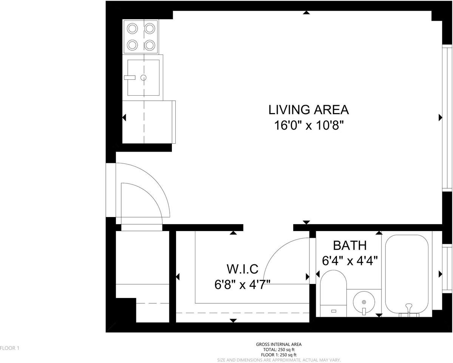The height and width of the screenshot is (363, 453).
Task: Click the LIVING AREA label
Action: tap(308, 110)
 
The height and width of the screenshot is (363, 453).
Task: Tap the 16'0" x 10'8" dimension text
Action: tap(308, 125)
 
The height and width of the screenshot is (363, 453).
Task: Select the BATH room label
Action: tap(349, 245)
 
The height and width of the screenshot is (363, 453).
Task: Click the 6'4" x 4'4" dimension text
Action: tap(349, 261)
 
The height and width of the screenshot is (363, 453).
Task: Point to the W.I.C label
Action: tap(242, 269)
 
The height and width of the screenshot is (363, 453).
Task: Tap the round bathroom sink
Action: tap(364, 302)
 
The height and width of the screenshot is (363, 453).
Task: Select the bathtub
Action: tap(407, 272)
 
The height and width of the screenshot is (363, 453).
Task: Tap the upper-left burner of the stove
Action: tap(132, 28)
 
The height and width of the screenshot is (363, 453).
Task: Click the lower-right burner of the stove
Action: tap(150, 45)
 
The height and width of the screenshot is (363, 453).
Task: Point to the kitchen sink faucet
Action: tap(130, 78)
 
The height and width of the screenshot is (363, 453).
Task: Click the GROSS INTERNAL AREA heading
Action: tap(279, 344)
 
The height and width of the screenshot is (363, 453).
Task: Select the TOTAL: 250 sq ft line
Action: tap(279, 350)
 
